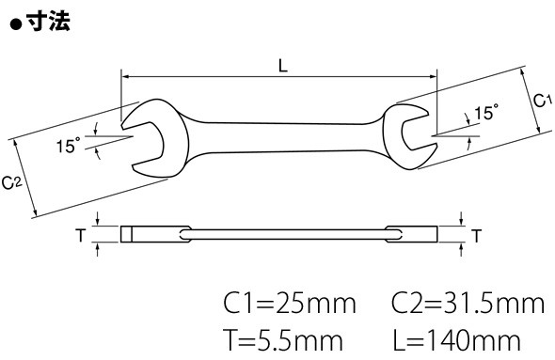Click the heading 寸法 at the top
[49, 22]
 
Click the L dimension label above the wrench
[283, 66]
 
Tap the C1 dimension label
[542, 101]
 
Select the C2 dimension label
[12, 183]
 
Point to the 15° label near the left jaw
[69, 145]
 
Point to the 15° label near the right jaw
[486, 113]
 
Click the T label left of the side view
[81, 235]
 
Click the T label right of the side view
[477, 236]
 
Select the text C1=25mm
[290, 303]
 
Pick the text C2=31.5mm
[468, 303]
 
